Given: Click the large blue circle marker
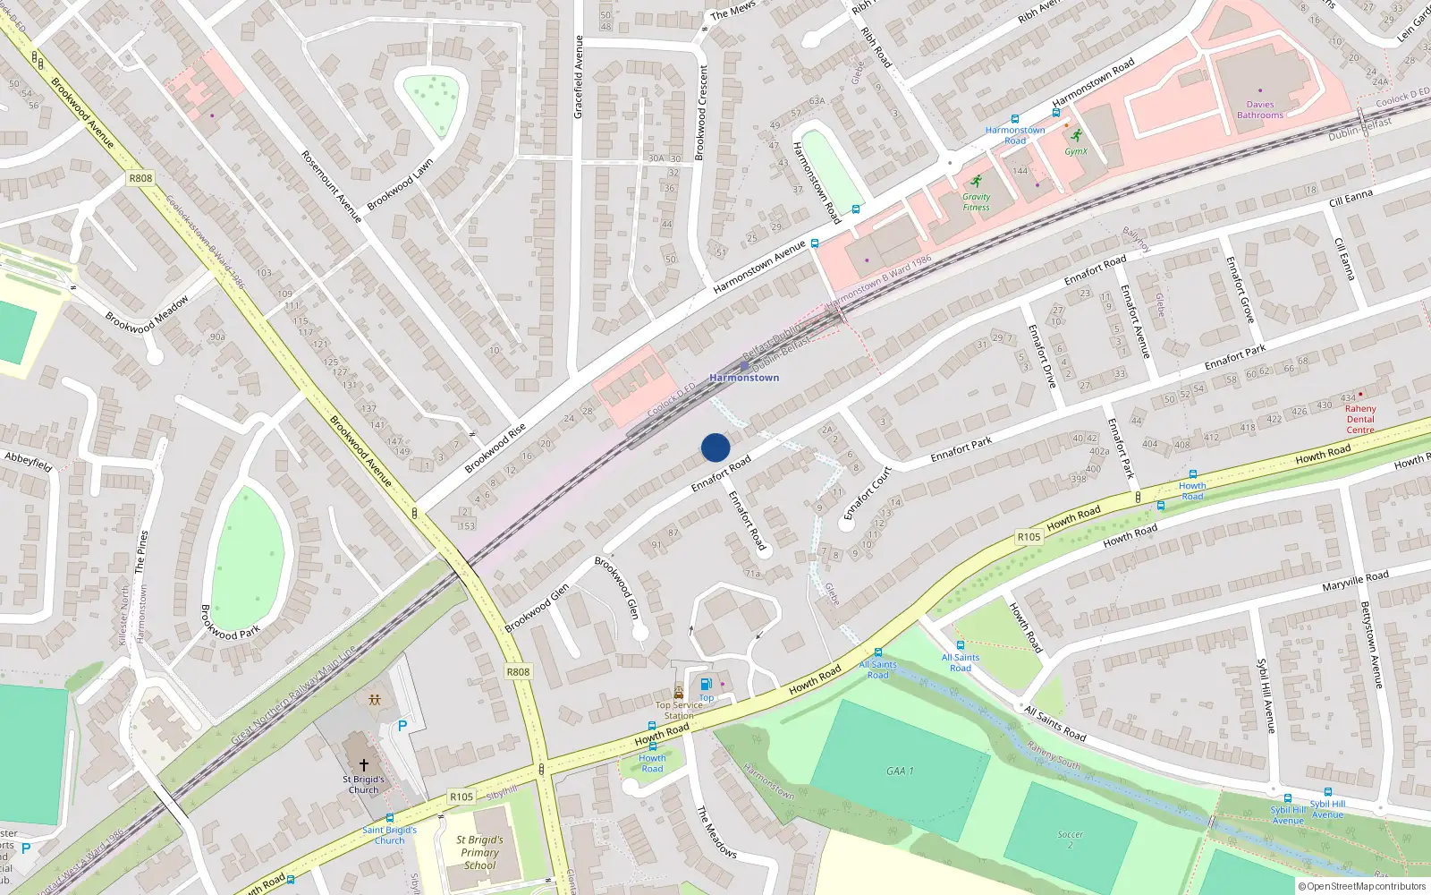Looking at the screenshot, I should tap(715, 447).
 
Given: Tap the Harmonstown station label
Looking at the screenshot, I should tap(744, 378).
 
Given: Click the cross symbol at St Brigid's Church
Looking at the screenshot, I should tap(364, 765).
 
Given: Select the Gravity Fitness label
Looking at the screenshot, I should tap(976, 202).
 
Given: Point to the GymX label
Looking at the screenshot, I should tap(1076, 151).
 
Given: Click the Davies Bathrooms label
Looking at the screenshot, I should tap(1260, 110).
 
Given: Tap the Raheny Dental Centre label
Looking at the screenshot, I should tap(1360, 420).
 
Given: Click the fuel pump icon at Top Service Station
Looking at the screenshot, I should tap(707, 685).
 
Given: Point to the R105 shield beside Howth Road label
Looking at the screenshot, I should tap(1029, 537).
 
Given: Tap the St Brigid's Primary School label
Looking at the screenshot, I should tap(480, 853).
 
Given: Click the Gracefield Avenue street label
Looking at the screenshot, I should tap(579, 77).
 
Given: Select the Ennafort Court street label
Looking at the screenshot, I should tap(868, 493).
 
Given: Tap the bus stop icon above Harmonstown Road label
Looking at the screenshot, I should tap(1015, 119).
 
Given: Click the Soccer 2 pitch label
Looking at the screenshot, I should tap(1070, 840).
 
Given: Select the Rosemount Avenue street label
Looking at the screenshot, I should tap(331, 186).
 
